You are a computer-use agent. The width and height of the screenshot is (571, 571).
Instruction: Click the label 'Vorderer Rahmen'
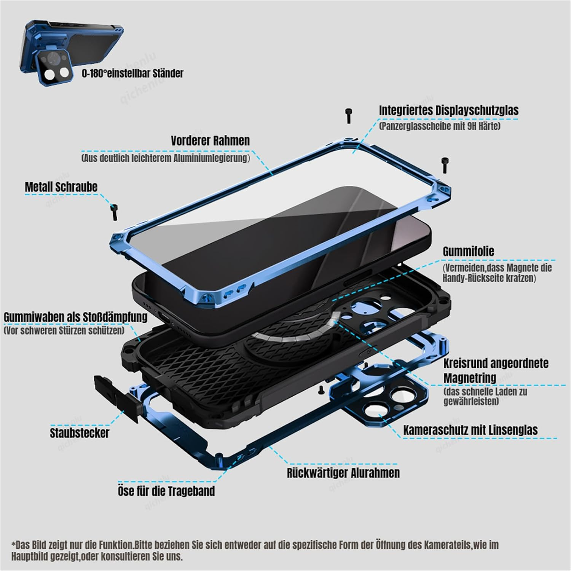tap(210, 140)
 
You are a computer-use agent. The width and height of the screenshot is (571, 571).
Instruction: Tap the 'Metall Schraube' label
tap(61, 187)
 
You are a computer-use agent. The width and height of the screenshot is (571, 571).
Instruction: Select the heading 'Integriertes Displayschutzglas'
tap(448, 110)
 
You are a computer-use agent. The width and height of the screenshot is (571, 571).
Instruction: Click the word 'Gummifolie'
tap(468, 252)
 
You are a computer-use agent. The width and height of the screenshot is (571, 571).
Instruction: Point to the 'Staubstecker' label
tap(79, 433)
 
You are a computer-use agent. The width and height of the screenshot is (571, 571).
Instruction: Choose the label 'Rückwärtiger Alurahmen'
tap(343, 473)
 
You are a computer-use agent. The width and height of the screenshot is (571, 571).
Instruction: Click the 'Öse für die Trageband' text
tap(166, 491)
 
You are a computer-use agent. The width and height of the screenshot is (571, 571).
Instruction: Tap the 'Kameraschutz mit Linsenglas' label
tap(470, 430)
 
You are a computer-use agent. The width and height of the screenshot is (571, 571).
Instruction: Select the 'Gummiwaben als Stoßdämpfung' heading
tap(75, 317)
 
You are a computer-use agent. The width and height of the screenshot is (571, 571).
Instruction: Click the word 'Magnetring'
tap(470, 378)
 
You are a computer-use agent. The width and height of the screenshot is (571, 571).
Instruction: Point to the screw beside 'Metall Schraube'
tap(113, 212)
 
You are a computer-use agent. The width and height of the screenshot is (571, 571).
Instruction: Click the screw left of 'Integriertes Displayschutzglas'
tap(349, 115)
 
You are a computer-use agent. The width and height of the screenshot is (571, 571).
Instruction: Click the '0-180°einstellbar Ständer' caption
tap(132, 73)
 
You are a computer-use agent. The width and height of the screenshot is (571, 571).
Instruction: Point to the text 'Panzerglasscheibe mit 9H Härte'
tap(439, 126)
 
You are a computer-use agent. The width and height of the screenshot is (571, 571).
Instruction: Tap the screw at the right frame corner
tap(444, 165)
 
